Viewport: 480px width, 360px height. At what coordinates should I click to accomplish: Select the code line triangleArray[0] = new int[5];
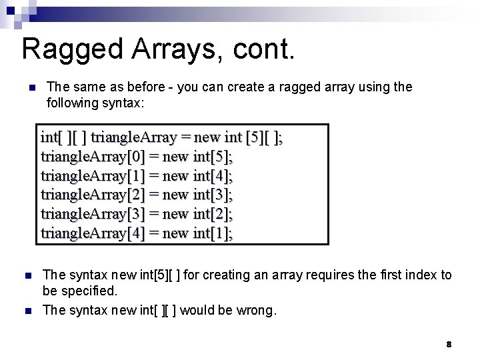coord(137,157)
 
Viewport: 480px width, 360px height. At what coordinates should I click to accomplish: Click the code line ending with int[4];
coord(137,176)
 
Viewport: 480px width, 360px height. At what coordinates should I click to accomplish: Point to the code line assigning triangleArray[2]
coord(137,195)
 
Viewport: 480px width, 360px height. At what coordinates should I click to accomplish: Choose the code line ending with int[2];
coord(137,215)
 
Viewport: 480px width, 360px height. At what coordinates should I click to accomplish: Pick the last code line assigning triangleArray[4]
coord(137,233)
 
